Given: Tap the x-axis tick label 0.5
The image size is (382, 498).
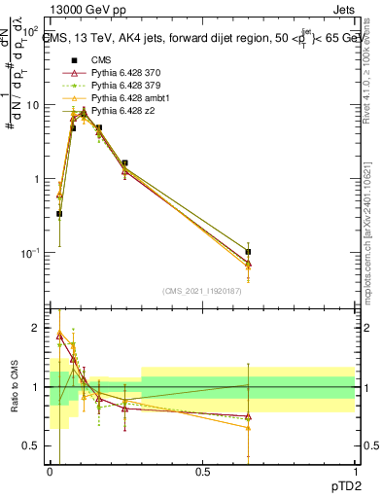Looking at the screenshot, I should [x=202, y=472].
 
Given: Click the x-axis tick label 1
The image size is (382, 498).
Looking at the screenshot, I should [x=354, y=472].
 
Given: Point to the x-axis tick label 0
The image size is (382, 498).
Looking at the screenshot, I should [x=50, y=472].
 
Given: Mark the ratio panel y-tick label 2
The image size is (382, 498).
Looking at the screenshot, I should [x=36, y=328].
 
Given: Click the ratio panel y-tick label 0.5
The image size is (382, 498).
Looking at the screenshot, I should [x=32, y=445].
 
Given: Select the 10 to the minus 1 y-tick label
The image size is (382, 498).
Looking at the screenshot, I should [x=29, y=253].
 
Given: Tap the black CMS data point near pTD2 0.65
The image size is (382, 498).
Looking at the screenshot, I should [x=248, y=251].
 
